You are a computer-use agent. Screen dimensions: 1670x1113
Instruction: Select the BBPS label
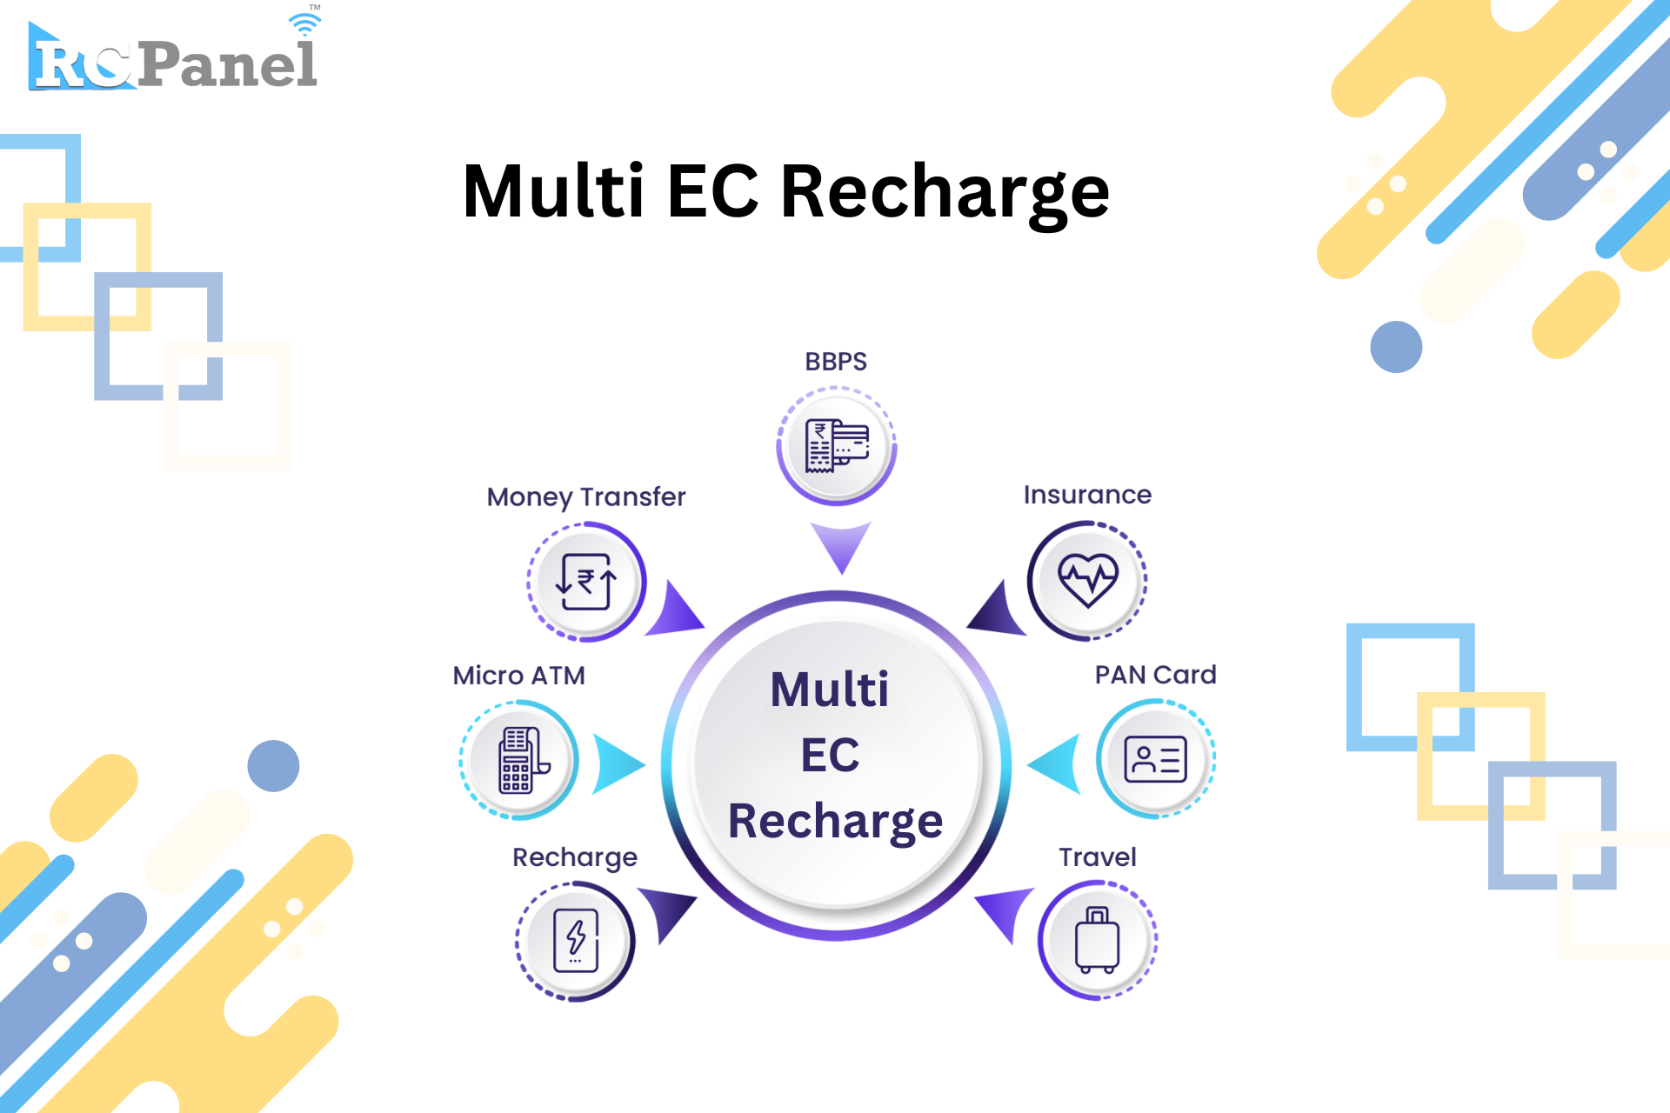[836, 362]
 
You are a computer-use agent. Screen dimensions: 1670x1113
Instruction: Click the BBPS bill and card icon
[837, 446]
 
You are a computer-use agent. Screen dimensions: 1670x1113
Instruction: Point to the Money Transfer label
[586, 497]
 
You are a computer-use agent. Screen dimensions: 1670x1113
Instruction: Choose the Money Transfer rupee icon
[586, 582]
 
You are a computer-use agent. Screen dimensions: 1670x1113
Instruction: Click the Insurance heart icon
[1087, 580]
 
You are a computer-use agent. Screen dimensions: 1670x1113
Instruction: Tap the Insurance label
[1087, 495]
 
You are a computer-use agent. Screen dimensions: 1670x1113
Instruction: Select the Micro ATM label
[519, 676]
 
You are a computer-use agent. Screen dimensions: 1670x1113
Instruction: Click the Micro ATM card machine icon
[524, 760]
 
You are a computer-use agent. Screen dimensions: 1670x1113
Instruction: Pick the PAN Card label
[1155, 675]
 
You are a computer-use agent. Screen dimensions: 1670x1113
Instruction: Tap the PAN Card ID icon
[1155, 759]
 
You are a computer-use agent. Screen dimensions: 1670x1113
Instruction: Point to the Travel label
[1098, 857]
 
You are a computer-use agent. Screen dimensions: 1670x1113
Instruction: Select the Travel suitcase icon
[1097, 940]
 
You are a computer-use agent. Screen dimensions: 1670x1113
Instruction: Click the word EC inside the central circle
[830, 755]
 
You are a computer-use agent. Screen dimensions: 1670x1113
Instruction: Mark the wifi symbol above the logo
[304, 23]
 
